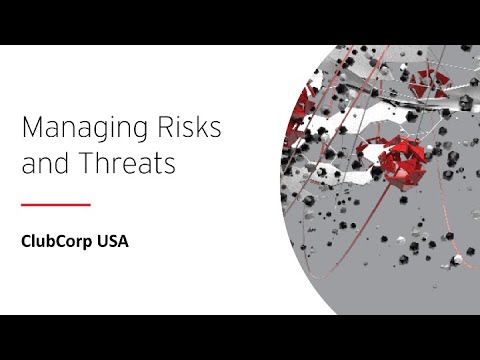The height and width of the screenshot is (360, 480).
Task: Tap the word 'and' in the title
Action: point(41,164)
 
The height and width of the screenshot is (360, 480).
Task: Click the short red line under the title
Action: point(56,205)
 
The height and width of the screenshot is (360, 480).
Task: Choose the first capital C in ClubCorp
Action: point(27,241)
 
